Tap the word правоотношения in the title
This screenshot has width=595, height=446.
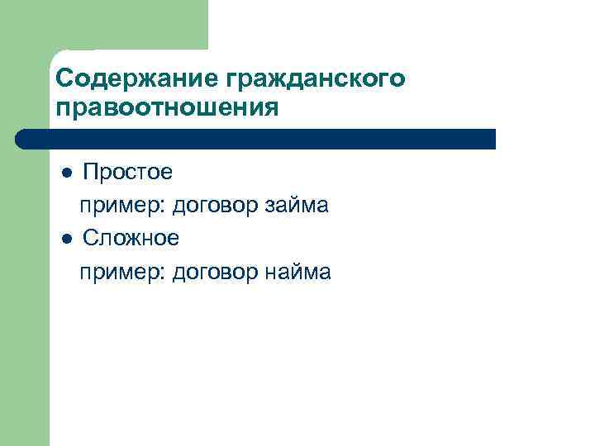coord(166,108)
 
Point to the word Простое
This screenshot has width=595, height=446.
coord(127,173)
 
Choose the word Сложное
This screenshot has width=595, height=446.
coord(131,239)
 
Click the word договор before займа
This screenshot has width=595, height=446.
coord(217,206)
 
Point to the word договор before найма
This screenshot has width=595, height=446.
coord(217,273)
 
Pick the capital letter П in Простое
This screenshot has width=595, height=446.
coord(90,173)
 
